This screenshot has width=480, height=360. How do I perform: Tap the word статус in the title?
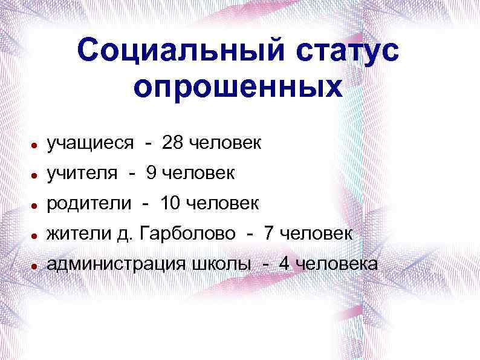coord(340,51)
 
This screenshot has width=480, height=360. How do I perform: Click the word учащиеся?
coord(91,144)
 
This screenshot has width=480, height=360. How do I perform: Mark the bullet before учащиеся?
coord(37,146)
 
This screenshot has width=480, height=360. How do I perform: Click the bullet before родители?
coord(37,206)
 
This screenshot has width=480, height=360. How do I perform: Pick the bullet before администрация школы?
coord(37,266)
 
